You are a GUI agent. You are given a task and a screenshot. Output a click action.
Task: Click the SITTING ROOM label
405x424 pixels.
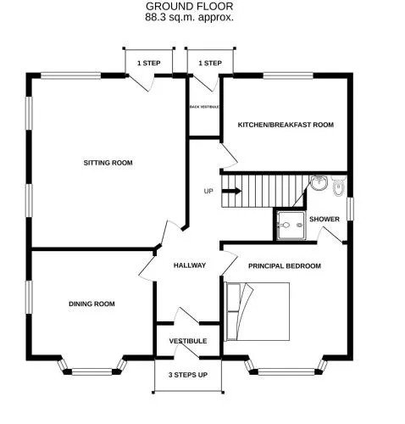pyautogui.click(x=108, y=163)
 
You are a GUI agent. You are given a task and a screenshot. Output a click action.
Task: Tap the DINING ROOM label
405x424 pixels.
pyautogui.click(x=92, y=304)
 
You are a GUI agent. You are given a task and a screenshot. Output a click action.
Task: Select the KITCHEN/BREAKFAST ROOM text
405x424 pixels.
pyautogui.click(x=286, y=125)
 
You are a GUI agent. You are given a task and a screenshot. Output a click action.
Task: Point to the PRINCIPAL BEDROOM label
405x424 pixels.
pyautogui.click(x=285, y=266)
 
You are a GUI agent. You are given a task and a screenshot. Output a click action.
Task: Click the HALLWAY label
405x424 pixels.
pyautogui.click(x=190, y=265)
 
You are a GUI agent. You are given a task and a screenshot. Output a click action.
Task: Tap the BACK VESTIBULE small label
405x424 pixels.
pyautogui.click(x=204, y=107)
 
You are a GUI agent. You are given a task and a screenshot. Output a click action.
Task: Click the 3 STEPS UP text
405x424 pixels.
pyautogui.click(x=188, y=375)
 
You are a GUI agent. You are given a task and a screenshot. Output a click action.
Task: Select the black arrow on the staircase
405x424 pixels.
pyautogui.click(x=231, y=191)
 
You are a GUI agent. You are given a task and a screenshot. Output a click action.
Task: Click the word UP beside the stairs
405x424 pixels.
pyautogui.click(x=208, y=192)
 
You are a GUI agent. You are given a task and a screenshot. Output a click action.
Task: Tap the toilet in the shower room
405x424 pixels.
pyautogui.click(x=338, y=186)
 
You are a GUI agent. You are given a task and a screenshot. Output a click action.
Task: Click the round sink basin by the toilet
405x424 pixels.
pyautogui.click(x=319, y=182)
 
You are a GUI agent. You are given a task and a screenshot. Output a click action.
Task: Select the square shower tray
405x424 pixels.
pyautogui.click(x=291, y=226)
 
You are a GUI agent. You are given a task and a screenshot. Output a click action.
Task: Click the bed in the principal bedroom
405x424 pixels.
pyautogui.click(x=257, y=311)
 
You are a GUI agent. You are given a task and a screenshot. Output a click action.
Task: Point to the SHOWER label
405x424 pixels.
pyautogui.click(x=325, y=219)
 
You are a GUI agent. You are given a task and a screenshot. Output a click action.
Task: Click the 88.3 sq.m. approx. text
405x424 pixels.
pyautogui.click(x=189, y=18)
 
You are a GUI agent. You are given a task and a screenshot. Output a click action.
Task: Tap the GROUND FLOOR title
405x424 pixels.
pyautogui.click(x=189, y=6)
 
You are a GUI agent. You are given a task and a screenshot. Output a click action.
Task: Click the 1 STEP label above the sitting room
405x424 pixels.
pyautogui.click(x=149, y=63)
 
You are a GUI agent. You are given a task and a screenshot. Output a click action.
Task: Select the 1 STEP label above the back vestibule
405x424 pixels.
pyautogui.click(x=210, y=63)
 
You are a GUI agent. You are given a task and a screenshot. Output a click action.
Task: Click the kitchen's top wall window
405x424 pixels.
pyautogui.click(x=288, y=75)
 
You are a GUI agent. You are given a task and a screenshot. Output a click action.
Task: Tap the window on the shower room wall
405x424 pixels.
pyautogui.click(x=350, y=209)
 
